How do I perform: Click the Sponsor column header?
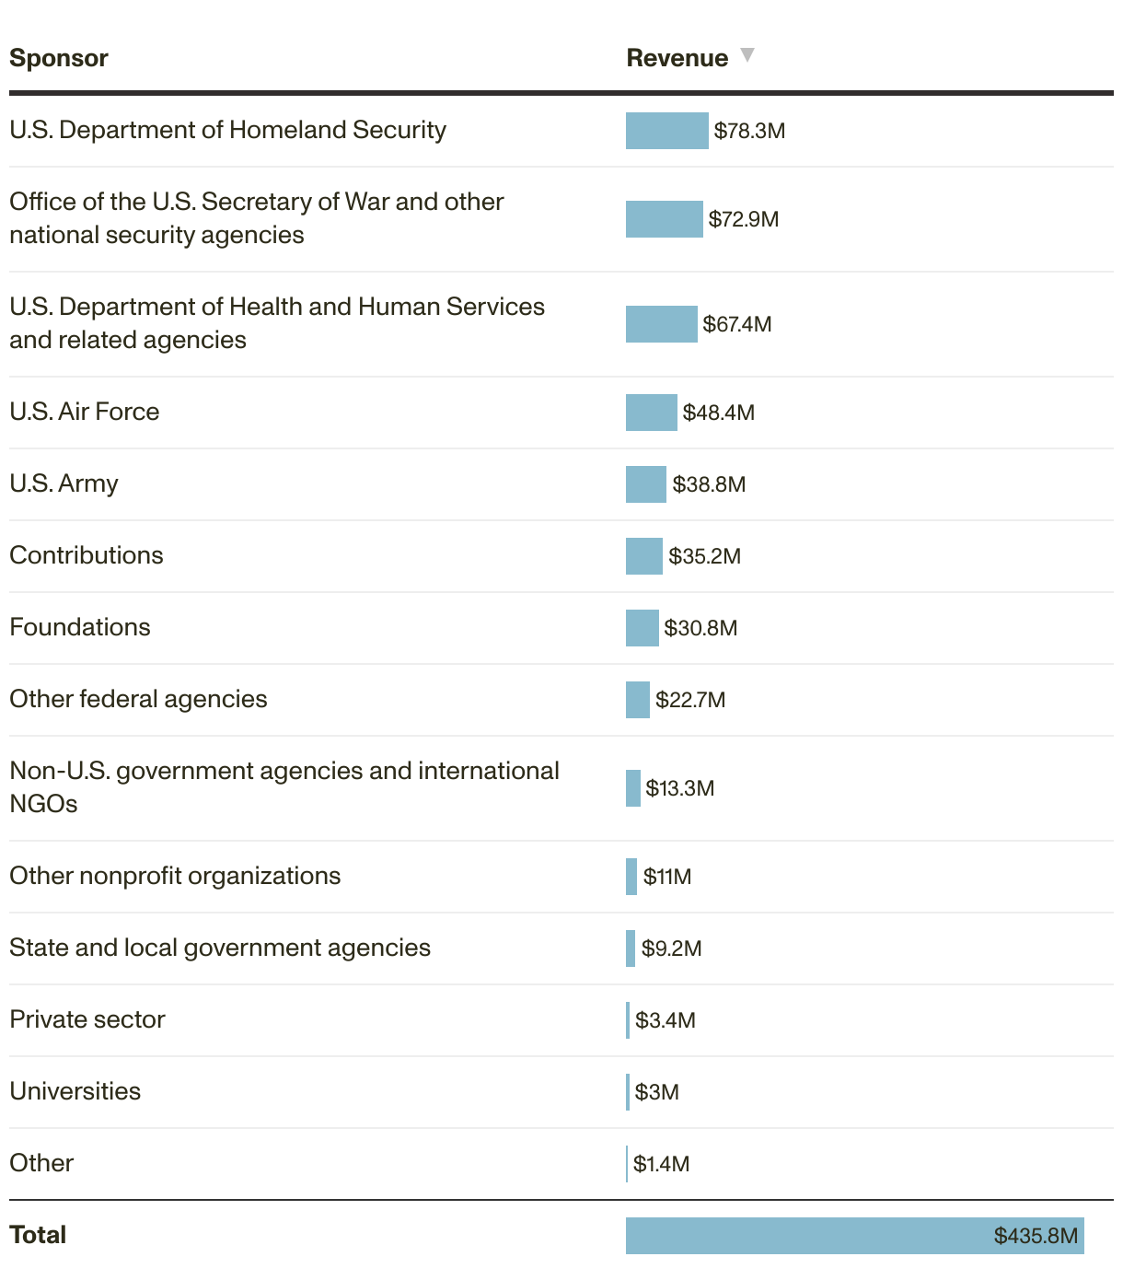pyautogui.click(x=59, y=58)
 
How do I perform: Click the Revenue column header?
pyautogui.click(x=677, y=58)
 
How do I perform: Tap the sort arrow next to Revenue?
pyautogui.click(x=747, y=55)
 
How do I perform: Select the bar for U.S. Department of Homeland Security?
pyautogui.click(x=666, y=131)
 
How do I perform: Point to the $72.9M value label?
pyautogui.click(x=743, y=219)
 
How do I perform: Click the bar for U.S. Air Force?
pyautogui.click(x=651, y=413)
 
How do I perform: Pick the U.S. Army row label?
pyautogui.click(x=64, y=483)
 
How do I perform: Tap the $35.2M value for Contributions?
pyautogui.click(x=704, y=556)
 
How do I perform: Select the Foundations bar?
pyautogui.click(x=642, y=628)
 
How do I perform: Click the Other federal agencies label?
pyautogui.click(x=138, y=699)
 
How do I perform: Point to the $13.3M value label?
pyautogui.click(x=679, y=788)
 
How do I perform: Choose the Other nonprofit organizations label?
pyautogui.click(x=175, y=876)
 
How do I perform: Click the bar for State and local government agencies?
pyautogui.click(x=631, y=948)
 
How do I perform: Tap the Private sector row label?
pyautogui.click(x=87, y=1019)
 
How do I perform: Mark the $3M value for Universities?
pyautogui.click(x=656, y=1092)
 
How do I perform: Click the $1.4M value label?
pyautogui.click(x=661, y=1164)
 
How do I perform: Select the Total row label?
pyautogui.click(x=38, y=1235)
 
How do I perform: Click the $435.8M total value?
pyautogui.click(x=1035, y=1236)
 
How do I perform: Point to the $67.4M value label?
pyautogui.click(x=736, y=324)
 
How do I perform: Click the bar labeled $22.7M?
pyautogui.click(x=637, y=700)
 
